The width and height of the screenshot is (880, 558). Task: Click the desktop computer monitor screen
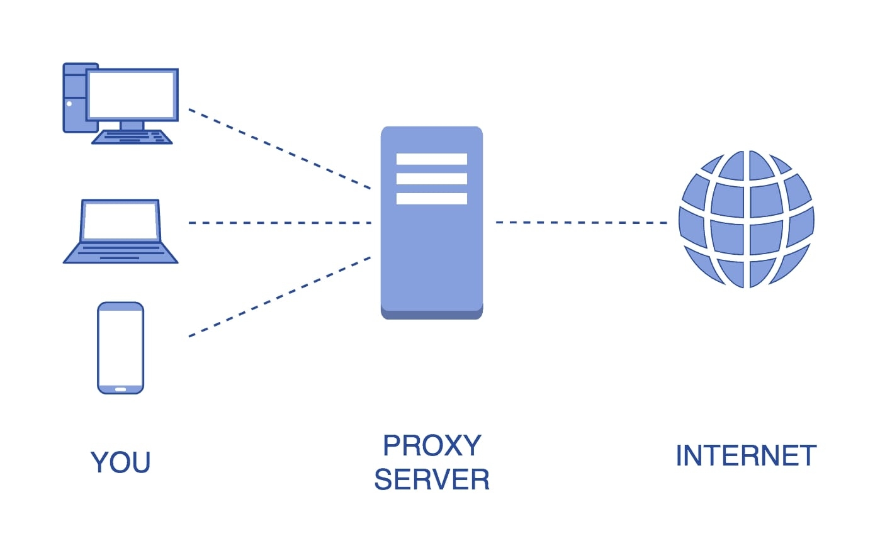coord(132,94)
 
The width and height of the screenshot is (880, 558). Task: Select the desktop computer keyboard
coord(132,137)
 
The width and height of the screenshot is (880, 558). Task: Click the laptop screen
coord(120,221)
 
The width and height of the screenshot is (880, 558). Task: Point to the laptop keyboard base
coord(120,253)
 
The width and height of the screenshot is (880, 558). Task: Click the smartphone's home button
coord(120,389)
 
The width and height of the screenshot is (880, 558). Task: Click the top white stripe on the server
coord(431,159)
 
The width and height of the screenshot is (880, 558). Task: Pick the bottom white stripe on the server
coord(431,199)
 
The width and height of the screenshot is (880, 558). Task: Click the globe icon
coord(746,220)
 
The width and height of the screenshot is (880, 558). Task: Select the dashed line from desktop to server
coord(279,149)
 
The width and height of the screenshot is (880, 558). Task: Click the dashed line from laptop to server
coord(279,223)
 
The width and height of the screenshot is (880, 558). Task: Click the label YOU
coord(120,462)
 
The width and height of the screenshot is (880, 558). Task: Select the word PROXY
coord(432,446)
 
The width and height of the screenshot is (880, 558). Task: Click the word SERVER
coord(432,480)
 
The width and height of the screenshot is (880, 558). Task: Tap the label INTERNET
coord(746,456)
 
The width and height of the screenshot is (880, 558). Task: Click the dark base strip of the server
coord(431,315)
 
